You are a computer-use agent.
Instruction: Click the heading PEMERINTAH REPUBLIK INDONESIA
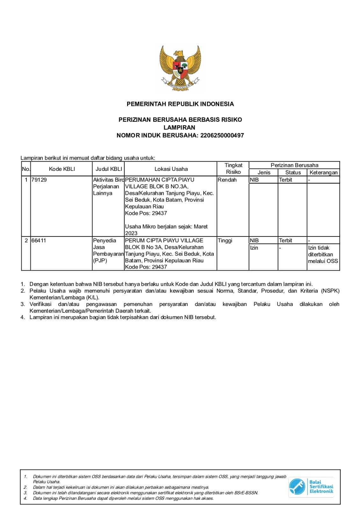coord(180,104)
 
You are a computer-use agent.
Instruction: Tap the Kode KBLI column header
coord(62,169)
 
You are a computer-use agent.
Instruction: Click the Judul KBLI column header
coord(109,169)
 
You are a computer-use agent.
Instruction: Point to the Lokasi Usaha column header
coord(171,169)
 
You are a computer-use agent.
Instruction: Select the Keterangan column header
coord(323,172)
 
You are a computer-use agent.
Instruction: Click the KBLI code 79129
coord(39,180)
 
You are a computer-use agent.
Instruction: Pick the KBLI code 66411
coord(39,241)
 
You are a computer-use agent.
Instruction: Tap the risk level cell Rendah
coord(227,180)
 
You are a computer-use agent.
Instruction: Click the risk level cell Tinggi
coord(225,241)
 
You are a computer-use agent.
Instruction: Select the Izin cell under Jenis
coord(254,248)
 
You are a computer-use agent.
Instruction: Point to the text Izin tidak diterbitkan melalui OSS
coord(323,254)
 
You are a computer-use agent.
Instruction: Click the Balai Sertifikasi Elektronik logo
coord(311,487)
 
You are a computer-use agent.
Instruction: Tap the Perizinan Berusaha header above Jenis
coord(294,165)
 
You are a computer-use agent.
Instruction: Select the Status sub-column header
coord(293,172)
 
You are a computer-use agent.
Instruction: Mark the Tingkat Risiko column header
coord(233,169)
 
